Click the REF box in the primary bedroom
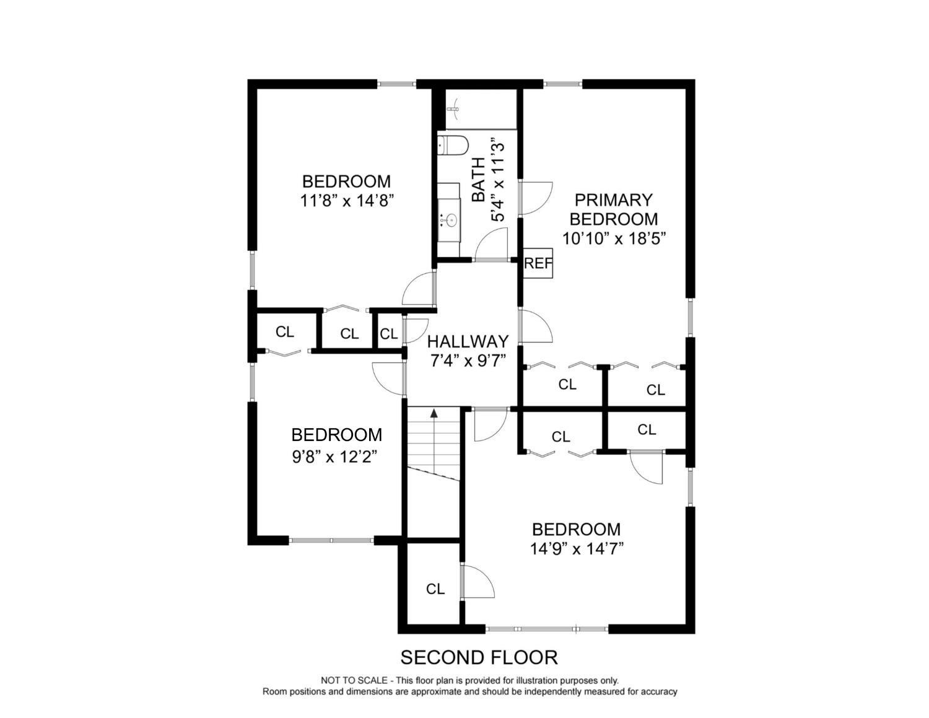[538, 263]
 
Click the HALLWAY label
[468, 341]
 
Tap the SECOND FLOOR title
[479, 657]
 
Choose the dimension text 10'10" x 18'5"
[614, 239]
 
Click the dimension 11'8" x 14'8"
[346, 201]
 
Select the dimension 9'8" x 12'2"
[334, 457]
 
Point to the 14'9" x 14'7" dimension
[577, 548]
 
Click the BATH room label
[479, 180]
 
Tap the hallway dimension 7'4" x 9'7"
[468, 361]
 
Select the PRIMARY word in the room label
[614, 199]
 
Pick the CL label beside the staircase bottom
[435, 589]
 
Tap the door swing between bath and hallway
[491, 243]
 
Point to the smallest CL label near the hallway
[388, 333]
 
